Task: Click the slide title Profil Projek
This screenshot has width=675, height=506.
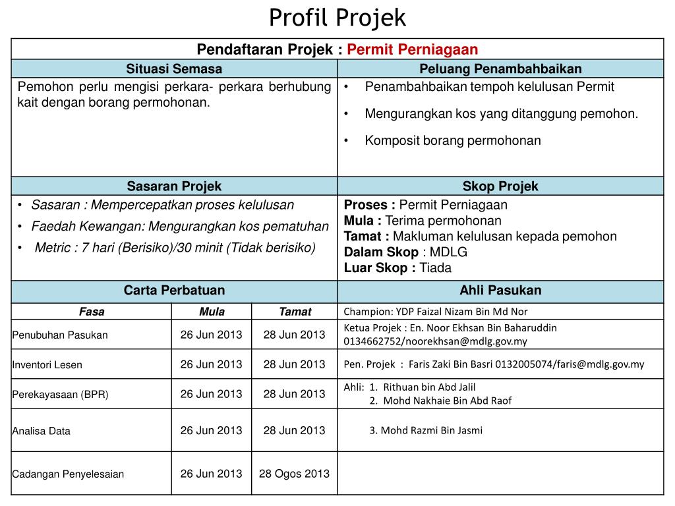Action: (x=337, y=18)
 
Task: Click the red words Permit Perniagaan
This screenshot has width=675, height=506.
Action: (x=412, y=49)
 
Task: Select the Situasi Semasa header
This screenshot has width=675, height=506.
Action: (x=174, y=69)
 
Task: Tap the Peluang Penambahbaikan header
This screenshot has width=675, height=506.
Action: (x=500, y=69)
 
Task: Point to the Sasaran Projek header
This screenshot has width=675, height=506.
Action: (x=174, y=186)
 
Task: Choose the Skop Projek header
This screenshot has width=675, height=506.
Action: (x=500, y=186)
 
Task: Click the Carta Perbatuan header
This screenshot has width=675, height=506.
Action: (x=174, y=291)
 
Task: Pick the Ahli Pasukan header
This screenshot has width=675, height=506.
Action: (x=500, y=291)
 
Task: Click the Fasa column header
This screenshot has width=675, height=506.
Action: (x=92, y=312)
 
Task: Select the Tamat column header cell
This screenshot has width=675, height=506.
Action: (x=295, y=312)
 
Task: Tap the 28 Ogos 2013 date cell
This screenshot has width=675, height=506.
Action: (x=294, y=473)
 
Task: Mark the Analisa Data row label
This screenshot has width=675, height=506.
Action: (x=41, y=431)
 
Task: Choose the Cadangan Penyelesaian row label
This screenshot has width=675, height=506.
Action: (x=68, y=474)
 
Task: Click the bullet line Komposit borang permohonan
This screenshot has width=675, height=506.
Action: (x=452, y=140)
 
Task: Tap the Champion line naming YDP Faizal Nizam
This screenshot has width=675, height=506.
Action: (x=435, y=312)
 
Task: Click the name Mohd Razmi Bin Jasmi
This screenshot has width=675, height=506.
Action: (x=426, y=430)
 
